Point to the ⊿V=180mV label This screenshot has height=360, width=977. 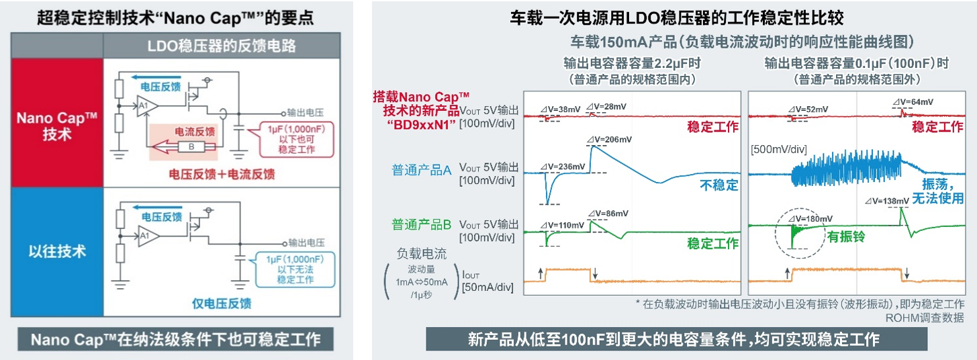tap(812, 218)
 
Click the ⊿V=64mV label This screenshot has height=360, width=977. tap(914, 101)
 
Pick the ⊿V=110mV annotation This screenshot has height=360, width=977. tap(565, 225)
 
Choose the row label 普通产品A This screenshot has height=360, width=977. tap(421, 170)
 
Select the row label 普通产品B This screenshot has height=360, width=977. tap(421, 224)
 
